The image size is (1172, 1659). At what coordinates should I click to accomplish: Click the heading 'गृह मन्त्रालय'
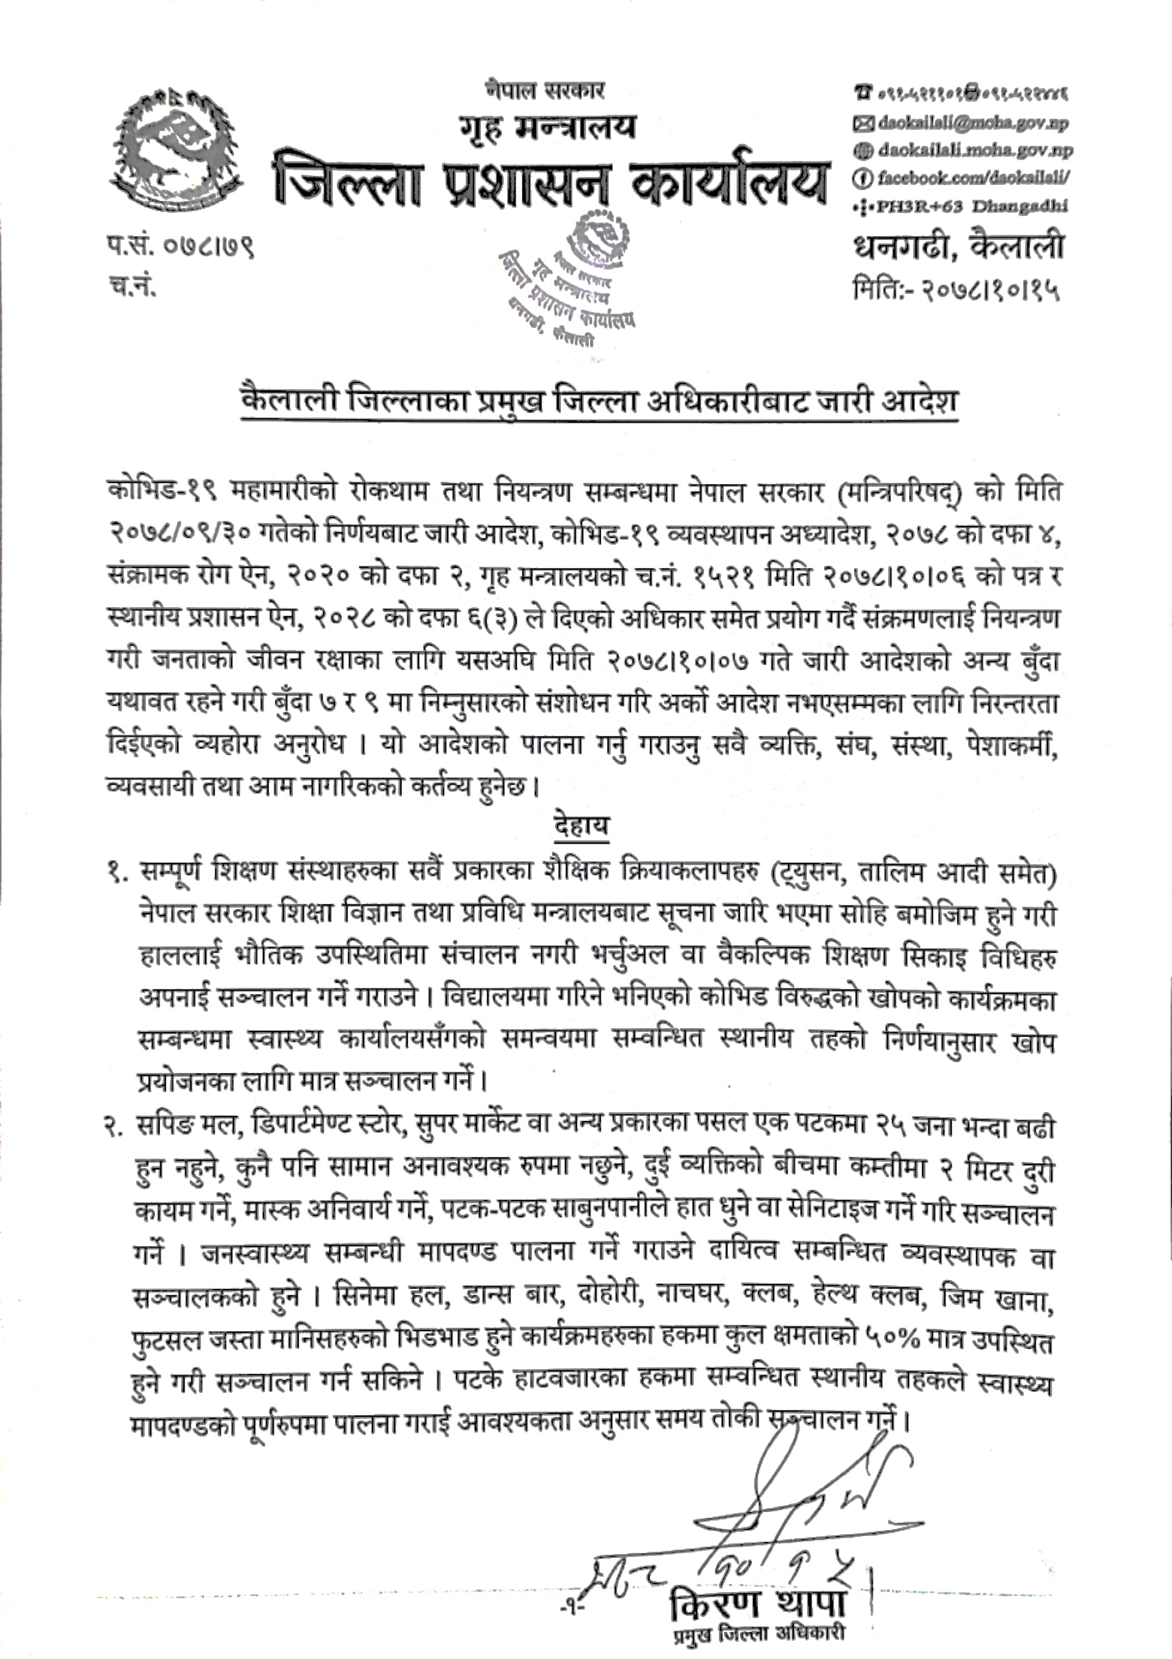click(x=547, y=127)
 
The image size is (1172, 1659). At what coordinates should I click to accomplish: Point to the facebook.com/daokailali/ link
click(x=974, y=178)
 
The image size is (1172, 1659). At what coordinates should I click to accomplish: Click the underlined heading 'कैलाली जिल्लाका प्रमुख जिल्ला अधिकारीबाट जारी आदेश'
click(x=600, y=401)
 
